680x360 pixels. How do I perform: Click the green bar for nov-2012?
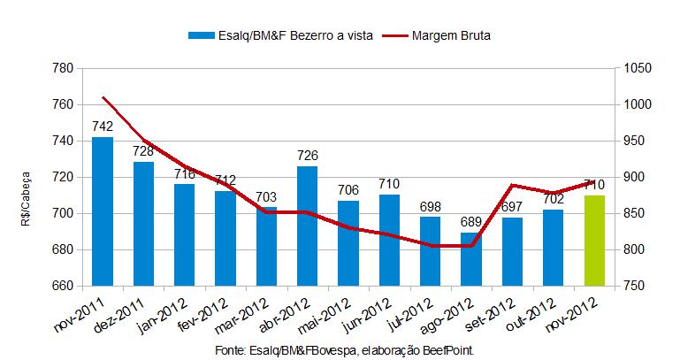pos(594,240)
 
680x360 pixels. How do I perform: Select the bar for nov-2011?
pos(103,211)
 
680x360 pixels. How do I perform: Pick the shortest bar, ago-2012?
pos(470,259)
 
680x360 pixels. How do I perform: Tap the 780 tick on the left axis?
pos(62,68)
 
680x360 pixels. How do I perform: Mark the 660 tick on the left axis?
pos(62,286)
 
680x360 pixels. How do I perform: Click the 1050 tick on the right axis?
pos(638,68)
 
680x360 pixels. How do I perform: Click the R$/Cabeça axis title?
pos(27,178)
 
